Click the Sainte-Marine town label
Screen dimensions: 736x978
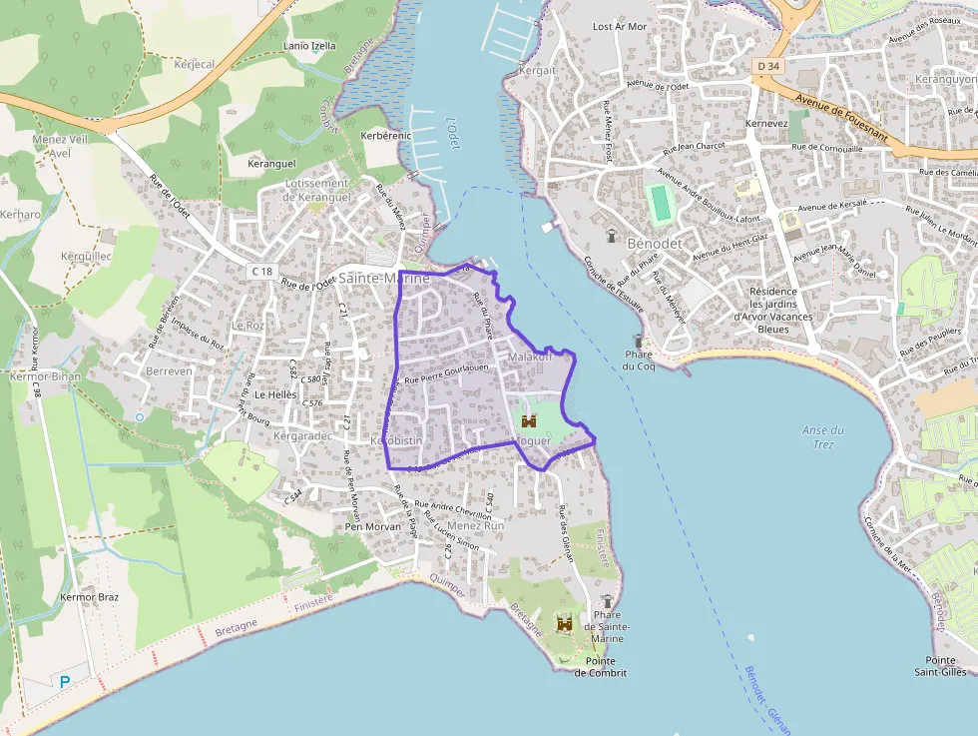tap(384, 278)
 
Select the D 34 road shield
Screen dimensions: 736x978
tap(766, 66)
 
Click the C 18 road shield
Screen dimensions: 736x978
tap(261, 271)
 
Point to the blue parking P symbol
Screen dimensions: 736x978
tap(65, 681)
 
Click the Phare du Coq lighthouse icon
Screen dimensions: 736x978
tap(639, 340)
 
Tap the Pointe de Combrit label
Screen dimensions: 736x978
tap(601, 667)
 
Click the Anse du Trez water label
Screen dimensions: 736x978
tap(823, 436)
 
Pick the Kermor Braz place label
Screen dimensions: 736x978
tap(90, 597)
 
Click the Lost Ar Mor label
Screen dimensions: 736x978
tap(620, 27)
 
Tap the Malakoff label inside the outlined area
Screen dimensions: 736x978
tap(529, 357)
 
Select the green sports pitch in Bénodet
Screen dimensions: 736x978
tap(659, 204)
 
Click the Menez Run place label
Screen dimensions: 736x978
tap(476, 525)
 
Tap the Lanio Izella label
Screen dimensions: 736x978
tap(310, 46)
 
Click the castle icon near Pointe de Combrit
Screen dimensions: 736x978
tap(564, 623)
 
